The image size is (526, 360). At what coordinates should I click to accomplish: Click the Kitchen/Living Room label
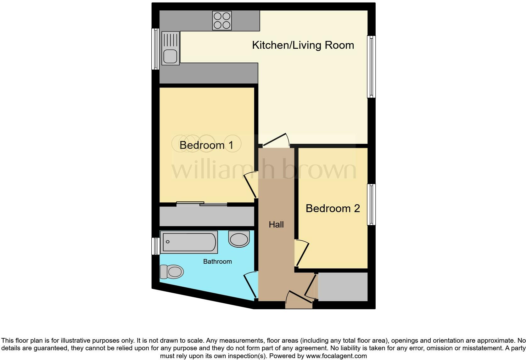pyautogui.click(x=303, y=45)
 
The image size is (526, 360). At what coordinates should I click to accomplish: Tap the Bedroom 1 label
pyautogui.click(x=206, y=145)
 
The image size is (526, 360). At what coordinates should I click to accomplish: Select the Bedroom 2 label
pyautogui.click(x=333, y=208)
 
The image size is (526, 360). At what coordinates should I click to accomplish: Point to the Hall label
pyautogui.click(x=276, y=225)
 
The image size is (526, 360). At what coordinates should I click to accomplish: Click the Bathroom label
pyautogui.click(x=217, y=262)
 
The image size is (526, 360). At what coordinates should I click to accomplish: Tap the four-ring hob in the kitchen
pyautogui.click(x=222, y=20)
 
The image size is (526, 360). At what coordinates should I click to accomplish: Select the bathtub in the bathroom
pyautogui.click(x=189, y=242)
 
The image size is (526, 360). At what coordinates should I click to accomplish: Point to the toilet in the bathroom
pyautogui.click(x=172, y=272)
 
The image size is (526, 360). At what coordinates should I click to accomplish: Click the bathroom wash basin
pyautogui.click(x=239, y=239)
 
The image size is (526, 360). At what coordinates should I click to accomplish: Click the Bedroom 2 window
pyautogui.click(x=372, y=205)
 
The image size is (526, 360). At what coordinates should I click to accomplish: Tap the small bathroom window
pyautogui.click(x=155, y=246)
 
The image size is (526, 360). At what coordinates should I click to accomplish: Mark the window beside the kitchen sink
pyautogui.click(x=155, y=49)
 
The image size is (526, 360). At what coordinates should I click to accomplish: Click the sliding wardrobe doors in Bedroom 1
pyautogui.click(x=202, y=204)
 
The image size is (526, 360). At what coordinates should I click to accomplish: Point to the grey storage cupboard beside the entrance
pyautogui.click(x=343, y=287)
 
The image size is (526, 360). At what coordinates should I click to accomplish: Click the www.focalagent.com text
pyautogui.click(x=336, y=356)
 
